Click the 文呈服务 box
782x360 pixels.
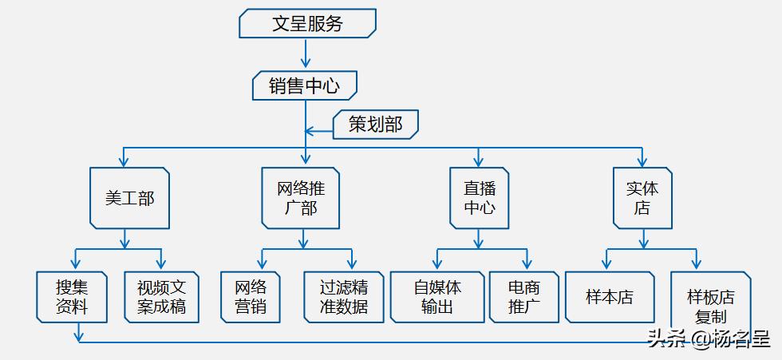307,23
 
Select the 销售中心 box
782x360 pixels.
304,85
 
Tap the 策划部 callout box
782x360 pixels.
375,125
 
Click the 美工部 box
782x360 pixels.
129,198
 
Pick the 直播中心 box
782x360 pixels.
479,198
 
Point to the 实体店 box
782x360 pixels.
642,198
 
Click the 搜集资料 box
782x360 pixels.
72,297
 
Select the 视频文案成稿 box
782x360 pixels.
160,297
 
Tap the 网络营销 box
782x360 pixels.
251,297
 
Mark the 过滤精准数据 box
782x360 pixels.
343,297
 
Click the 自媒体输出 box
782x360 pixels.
436,297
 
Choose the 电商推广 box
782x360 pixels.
523,297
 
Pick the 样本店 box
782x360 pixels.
610,297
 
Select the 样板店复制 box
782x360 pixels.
709,306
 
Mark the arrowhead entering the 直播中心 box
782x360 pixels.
479,160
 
